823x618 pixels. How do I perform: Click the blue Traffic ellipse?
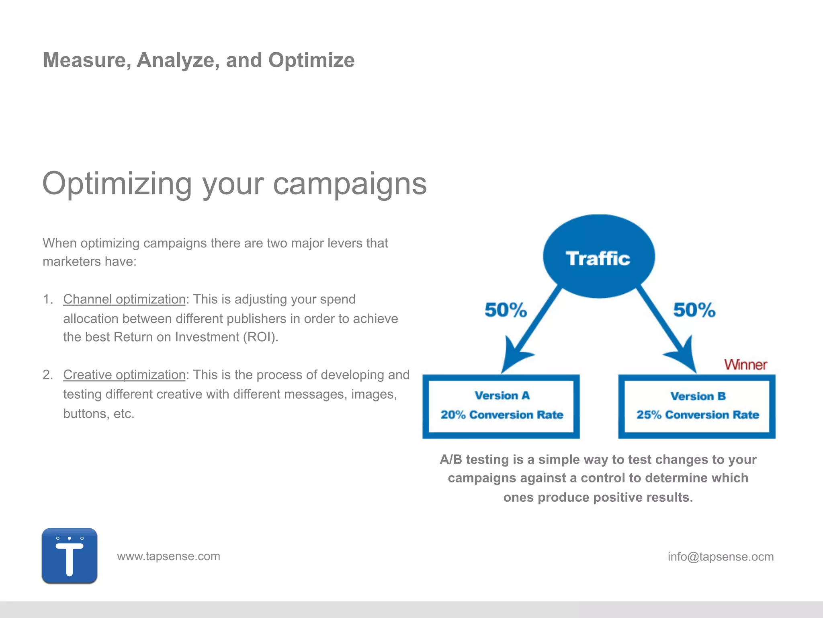click(x=599, y=257)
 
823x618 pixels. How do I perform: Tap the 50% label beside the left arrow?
click(x=506, y=310)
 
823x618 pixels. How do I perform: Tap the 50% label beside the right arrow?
click(x=694, y=310)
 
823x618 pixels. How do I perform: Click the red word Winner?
click(x=745, y=365)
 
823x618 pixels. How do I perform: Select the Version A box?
click(x=501, y=406)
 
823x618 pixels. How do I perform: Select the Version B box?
click(x=697, y=406)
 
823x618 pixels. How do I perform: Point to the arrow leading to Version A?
click(x=530, y=330)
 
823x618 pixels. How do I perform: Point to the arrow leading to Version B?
click(x=667, y=330)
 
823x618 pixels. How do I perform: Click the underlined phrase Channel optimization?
click(x=124, y=299)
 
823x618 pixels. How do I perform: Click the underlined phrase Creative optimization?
click(x=124, y=375)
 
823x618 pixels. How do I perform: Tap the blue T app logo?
click(x=70, y=556)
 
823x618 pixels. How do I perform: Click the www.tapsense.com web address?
click(x=168, y=556)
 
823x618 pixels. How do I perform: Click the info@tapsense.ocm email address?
click(x=721, y=556)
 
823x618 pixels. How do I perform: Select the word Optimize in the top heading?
click(x=311, y=60)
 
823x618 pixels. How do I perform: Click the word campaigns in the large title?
click(x=350, y=184)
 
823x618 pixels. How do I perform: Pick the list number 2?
click(x=47, y=375)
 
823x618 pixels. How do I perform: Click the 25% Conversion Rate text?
click(x=698, y=415)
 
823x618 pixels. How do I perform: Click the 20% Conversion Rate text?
click(x=502, y=415)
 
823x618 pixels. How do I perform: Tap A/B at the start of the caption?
click(x=451, y=459)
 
